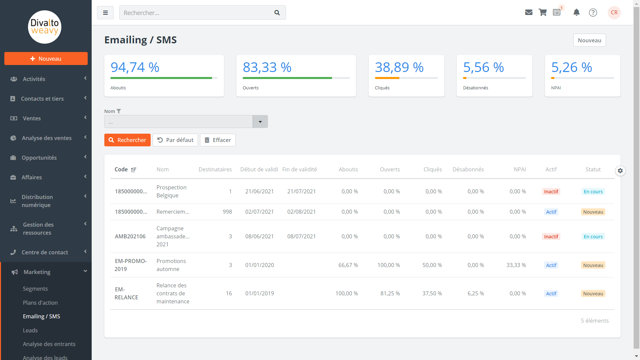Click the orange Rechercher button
[127, 140]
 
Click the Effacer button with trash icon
[218, 140]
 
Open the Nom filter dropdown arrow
[260, 122]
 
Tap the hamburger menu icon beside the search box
[105, 13]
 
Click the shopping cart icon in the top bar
[543, 13]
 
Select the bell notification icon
[576, 13]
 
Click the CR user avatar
[614, 13]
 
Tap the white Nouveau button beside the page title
[589, 40]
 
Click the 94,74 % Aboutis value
[135, 67]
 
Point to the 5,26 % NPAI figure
[572, 67]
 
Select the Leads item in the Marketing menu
[30, 330]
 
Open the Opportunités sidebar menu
[39, 158]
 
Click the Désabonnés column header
[468, 169]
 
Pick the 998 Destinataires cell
[227, 212]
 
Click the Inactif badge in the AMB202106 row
[551, 237]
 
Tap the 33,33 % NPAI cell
[516, 265]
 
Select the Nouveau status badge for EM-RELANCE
[593, 294]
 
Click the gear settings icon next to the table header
[620, 171]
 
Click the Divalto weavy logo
[45, 27]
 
